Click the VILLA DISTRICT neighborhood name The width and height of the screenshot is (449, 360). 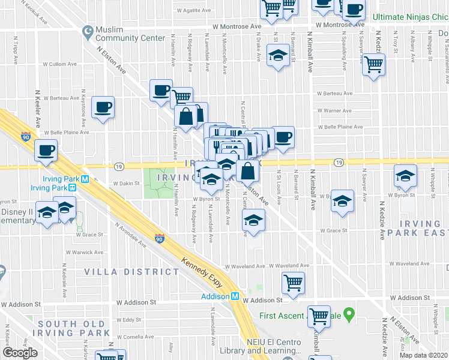pyautogui.click(x=140, y=272)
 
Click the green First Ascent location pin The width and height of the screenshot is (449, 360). pyautogui.click(x=352, y=315)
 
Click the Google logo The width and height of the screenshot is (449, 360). pyautogui.click(x=20, y=353)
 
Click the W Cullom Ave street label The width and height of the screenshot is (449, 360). pyautogui.click(x=61, y=64)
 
